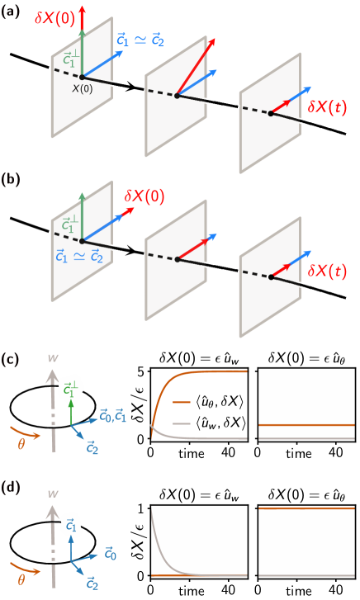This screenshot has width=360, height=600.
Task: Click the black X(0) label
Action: click(x=82, y=89)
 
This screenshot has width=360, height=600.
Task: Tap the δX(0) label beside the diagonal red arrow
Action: click(x=144, y=196)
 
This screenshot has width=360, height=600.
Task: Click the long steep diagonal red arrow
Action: click(x=197, y=66)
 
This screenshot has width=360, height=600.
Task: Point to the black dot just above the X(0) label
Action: click(x=82, y=78)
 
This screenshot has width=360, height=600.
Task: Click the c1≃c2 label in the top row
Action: click(x=141, y=38)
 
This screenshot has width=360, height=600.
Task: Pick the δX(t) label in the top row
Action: click(x=327, y=106)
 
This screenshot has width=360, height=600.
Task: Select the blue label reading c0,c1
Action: click(x=112, y=416)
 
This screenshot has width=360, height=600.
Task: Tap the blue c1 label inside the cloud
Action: click(x=72, y=525)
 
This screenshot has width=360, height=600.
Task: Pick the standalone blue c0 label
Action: click(x=111, y=555)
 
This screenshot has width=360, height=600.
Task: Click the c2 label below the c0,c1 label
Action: click(x=93, y=446)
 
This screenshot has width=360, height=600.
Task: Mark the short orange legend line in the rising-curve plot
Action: click(x=182, y=402)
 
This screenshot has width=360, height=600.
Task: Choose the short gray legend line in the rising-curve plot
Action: click(x=182, y=423)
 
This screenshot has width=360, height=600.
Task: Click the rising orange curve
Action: click(x=165, y=385)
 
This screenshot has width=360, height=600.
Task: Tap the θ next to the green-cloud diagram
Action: click(x=21, y=443)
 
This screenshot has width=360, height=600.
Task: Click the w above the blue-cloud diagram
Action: click(x=53, y=494)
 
